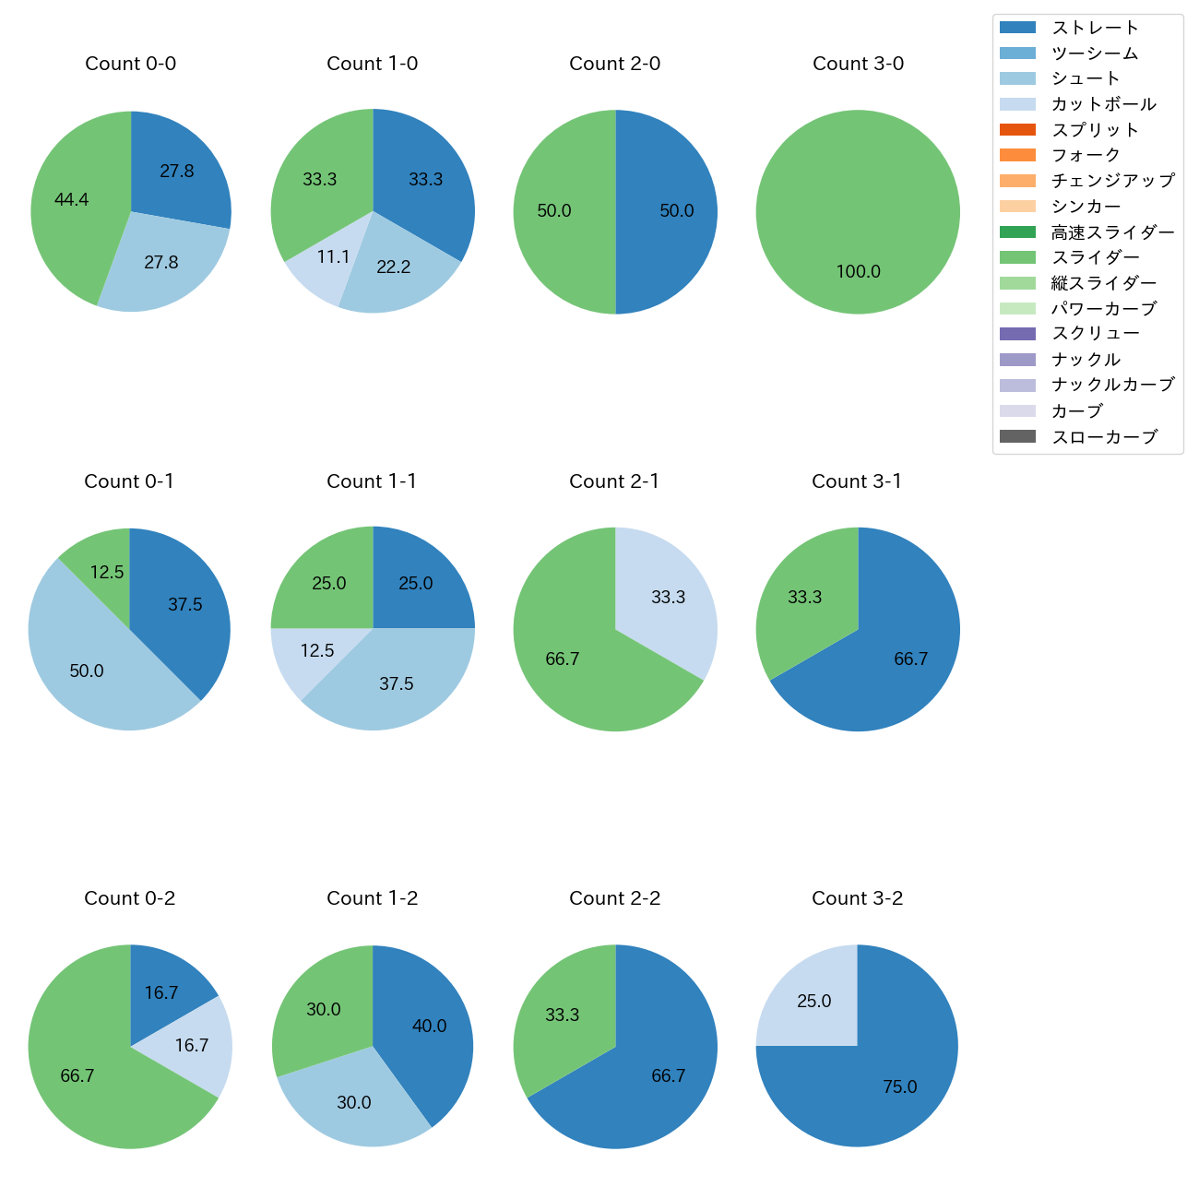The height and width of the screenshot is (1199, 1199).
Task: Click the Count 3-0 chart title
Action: coord(858,64)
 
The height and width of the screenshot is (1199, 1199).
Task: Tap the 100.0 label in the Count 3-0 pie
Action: coord(858,271)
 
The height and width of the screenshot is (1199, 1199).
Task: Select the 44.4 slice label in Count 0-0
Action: coord(71,199)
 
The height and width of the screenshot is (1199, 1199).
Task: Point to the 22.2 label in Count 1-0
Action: coord(393,267)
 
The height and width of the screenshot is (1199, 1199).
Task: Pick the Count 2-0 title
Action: coord(614,64)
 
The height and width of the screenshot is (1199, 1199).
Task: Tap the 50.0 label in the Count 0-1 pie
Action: coord(87,671)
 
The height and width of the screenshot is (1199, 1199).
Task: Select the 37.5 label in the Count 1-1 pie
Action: coord(396,683)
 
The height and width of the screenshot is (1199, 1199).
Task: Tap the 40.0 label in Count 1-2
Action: coord(429,1026)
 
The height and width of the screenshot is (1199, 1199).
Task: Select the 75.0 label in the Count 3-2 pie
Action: coord(899,1086)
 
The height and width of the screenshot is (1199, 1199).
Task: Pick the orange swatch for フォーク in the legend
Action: coord(1017,155)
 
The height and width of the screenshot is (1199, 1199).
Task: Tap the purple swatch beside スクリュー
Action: coord(1017,334)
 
